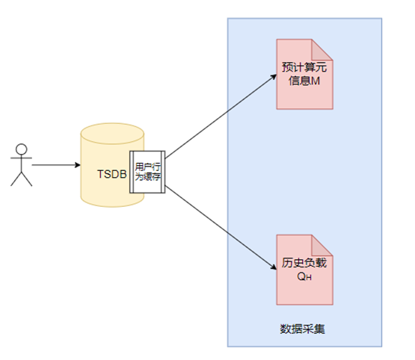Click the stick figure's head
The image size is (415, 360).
pos(22,148)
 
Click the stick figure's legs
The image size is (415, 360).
pos(22,178)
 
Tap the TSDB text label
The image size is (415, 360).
pos(111,174)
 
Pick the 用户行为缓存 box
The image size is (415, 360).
pos(147,170)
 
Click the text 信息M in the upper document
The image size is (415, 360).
pos(304,81)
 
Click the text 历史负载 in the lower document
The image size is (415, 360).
pos(304,263)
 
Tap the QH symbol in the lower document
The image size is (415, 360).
pos(304,276)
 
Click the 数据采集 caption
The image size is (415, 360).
pos(303,328)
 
